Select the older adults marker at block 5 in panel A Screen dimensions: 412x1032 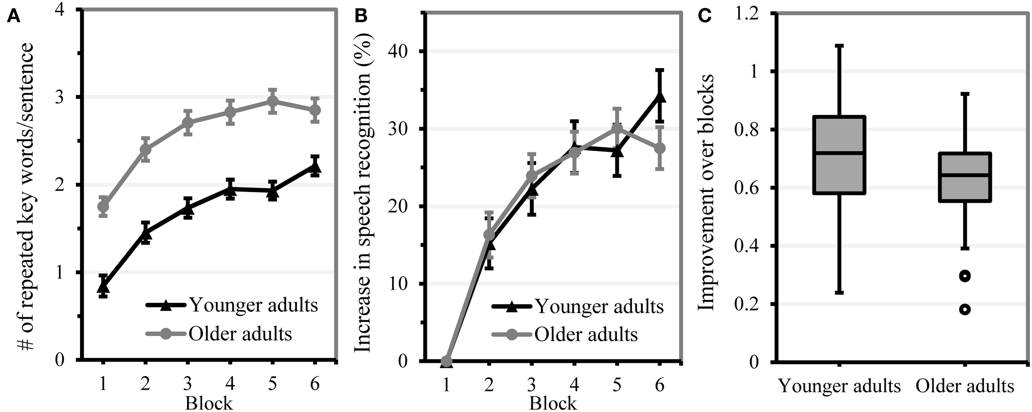click(x=272, y=101)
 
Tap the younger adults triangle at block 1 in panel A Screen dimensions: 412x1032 click(x=103, y=286)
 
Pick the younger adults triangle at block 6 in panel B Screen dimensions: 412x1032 click(x=659, y=97)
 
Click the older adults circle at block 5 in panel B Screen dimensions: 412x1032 click(x=617, y=129)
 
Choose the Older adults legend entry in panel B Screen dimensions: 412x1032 click(x=586, y=334)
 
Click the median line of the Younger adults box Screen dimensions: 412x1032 click(x=839, y=153)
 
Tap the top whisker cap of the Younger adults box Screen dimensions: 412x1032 click(x=839, y=46)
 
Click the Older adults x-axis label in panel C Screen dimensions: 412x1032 click(x=965, y=386)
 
